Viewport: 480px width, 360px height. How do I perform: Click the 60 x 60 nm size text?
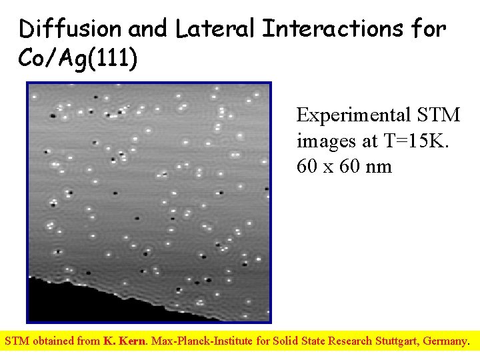345,166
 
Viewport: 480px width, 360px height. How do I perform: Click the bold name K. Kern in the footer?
125,341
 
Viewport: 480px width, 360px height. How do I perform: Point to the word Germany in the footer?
447,341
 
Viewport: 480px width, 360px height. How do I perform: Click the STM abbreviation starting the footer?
17,341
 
